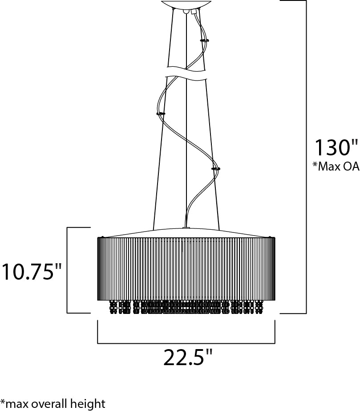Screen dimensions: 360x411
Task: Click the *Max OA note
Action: coord(336,166)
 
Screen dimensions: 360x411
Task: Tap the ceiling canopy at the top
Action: coord(186,4)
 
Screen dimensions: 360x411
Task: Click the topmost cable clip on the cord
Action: coord(204,41)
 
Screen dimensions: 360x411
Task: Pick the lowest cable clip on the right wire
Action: coord(216,169)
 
